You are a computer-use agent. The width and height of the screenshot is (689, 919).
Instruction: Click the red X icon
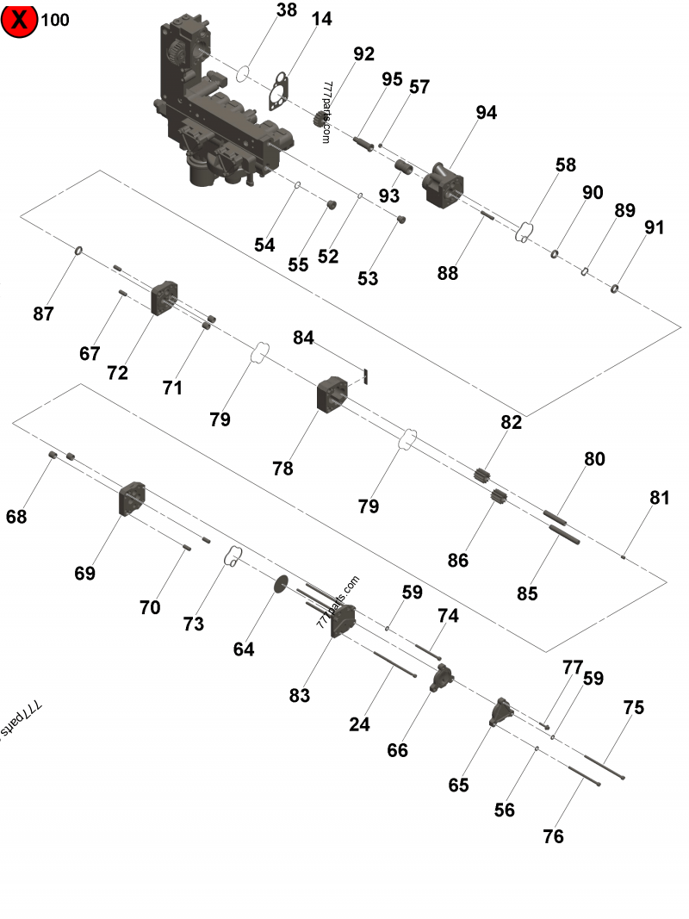pyautogui.click(x=19, y=20)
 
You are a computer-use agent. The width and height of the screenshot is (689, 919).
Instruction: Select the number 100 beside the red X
pyautogui.click(x=55, y=20)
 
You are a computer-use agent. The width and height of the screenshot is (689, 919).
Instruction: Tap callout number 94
pyautogui.click(x=487, y=113)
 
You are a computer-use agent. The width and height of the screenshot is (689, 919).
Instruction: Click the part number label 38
pyautogui.click(x=287, y=10)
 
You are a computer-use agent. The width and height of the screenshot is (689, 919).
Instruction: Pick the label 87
pyautogui.click(x=44, y=314)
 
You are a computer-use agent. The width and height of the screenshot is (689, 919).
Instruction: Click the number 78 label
pyautogui.click(x=282, y=469)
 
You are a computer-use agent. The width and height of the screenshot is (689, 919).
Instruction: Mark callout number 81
pyautogui.click(x=660, y=497)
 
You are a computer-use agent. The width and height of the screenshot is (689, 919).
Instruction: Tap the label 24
pyautogui.click(x=359, y=724)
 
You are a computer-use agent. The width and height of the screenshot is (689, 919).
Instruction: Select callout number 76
pyautogui.click(x=553, y=835)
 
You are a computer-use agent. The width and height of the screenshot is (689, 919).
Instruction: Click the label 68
pyautogui.click(x=16, y=517)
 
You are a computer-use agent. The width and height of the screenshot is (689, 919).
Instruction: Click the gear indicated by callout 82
pyautogui.click(x=482, y=475)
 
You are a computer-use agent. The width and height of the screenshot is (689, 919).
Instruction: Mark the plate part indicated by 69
pyautogui.click(x=132, y=499)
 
